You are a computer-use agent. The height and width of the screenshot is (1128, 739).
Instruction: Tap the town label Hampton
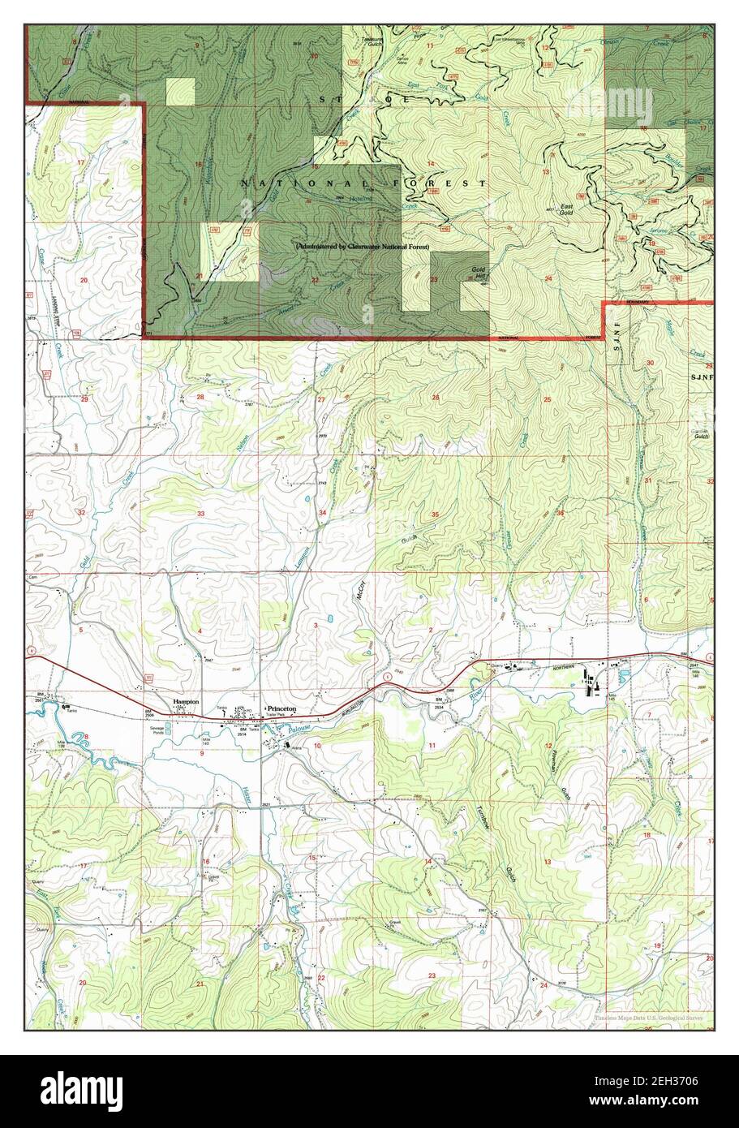186,703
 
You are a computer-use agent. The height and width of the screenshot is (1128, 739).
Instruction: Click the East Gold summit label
567,209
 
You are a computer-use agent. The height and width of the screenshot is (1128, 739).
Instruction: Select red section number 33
200,514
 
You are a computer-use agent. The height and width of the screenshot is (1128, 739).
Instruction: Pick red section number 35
435,514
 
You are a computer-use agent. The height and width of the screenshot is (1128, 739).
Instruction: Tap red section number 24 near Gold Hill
548,279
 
